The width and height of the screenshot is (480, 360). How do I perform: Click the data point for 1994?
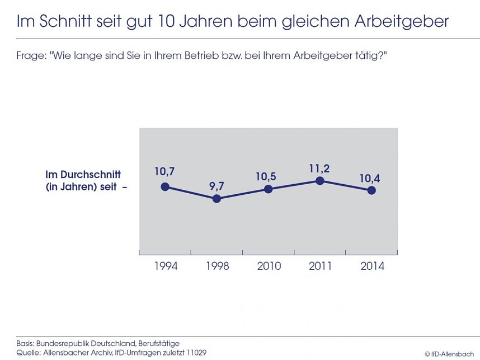[165, 186]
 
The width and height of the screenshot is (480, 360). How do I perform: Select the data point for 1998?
[217, 199]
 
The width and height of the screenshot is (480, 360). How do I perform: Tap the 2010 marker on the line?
[268, 189]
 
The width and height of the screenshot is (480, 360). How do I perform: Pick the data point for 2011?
[319, 180]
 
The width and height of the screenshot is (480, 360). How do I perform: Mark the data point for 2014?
[371, 190]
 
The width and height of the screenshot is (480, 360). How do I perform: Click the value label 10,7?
[165, 171]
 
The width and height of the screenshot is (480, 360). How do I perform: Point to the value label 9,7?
[217, 185]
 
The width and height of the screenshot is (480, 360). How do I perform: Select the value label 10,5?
[266, 176]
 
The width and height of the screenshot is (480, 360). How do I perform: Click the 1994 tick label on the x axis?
[166, 266]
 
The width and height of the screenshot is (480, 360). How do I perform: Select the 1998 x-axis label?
[217, 266]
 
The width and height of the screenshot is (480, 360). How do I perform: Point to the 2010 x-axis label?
[269, 266]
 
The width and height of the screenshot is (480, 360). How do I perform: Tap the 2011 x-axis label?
[321, 266]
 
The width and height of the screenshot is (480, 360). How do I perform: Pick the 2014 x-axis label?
[372, 266]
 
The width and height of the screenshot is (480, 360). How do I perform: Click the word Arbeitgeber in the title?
[401, 22]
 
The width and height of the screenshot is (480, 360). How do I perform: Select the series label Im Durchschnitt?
[83, 175]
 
